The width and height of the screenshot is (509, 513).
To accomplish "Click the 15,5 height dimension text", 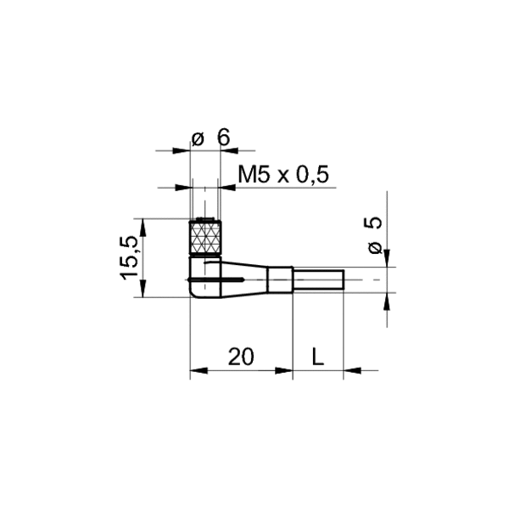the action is point(130,257).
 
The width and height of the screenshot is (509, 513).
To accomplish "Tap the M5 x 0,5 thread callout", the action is point(283,175).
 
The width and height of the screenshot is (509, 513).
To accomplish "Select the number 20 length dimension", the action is point(241,357).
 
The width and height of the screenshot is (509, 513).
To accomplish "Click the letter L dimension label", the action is point(318,357).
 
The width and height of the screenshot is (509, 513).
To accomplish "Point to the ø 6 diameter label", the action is point(210,138).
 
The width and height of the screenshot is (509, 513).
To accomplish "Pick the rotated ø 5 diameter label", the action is point(374,235).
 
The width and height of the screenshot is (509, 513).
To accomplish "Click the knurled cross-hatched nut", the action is point(205,238).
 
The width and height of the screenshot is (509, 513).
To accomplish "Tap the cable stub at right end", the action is point(318,279).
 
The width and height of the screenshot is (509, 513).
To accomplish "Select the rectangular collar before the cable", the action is point(280,279).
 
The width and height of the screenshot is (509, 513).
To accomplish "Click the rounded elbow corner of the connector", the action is point(193,292).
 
